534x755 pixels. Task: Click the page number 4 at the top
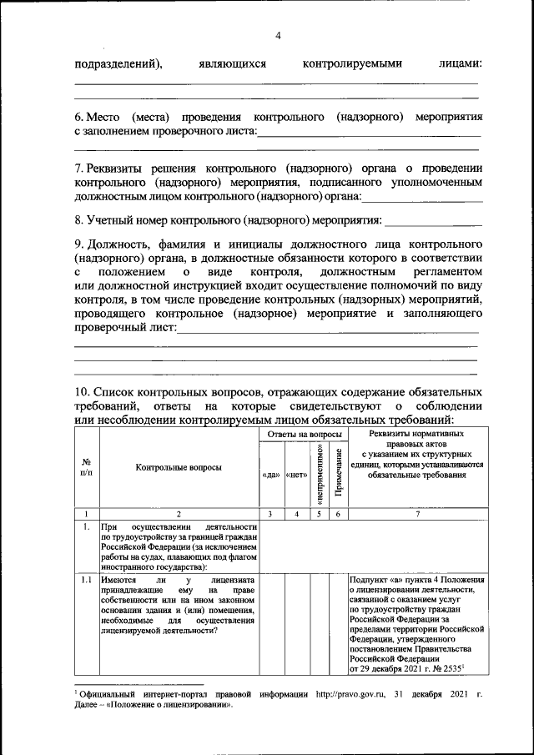click(278, 35)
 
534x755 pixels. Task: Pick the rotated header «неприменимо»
click(320, 471)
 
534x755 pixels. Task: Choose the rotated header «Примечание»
click(338, 473)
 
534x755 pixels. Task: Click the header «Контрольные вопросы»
click(179, 468)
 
